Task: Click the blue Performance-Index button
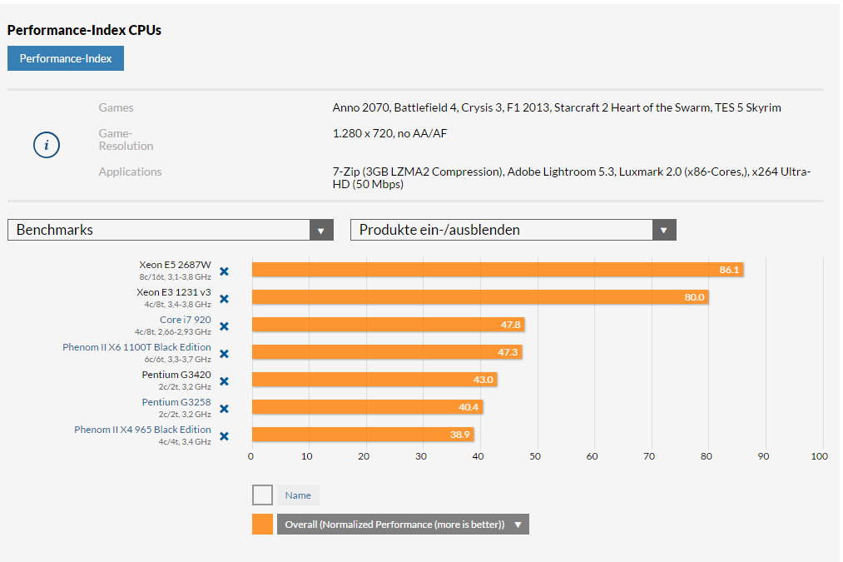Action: (x=66, y=58)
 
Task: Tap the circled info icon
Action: (x=47, y=145)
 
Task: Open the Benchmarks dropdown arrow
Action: (x=321, y=231)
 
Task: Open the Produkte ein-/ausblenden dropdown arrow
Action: (x=664, y=231)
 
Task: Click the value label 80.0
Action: (x=694, y=297)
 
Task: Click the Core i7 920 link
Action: (x=185, y=320)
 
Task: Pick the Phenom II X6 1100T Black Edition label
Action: (x=136, y=347)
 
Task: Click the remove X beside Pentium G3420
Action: (x=224, y=381)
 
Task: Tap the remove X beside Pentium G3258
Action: (x=224, y=409)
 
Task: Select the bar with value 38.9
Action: (x=362, y=435)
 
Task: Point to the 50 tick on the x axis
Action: (x=535, y=456)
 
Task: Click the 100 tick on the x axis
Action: (x=819, y=456)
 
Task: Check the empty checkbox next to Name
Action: (x=262, y=495)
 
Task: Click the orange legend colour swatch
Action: (x=262, y=524)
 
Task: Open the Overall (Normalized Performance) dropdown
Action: (x=403, y=525)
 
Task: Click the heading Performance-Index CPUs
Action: (x=84, y=30)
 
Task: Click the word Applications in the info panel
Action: (x=130, y=172)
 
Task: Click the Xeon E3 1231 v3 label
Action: (x=174, y=292)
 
